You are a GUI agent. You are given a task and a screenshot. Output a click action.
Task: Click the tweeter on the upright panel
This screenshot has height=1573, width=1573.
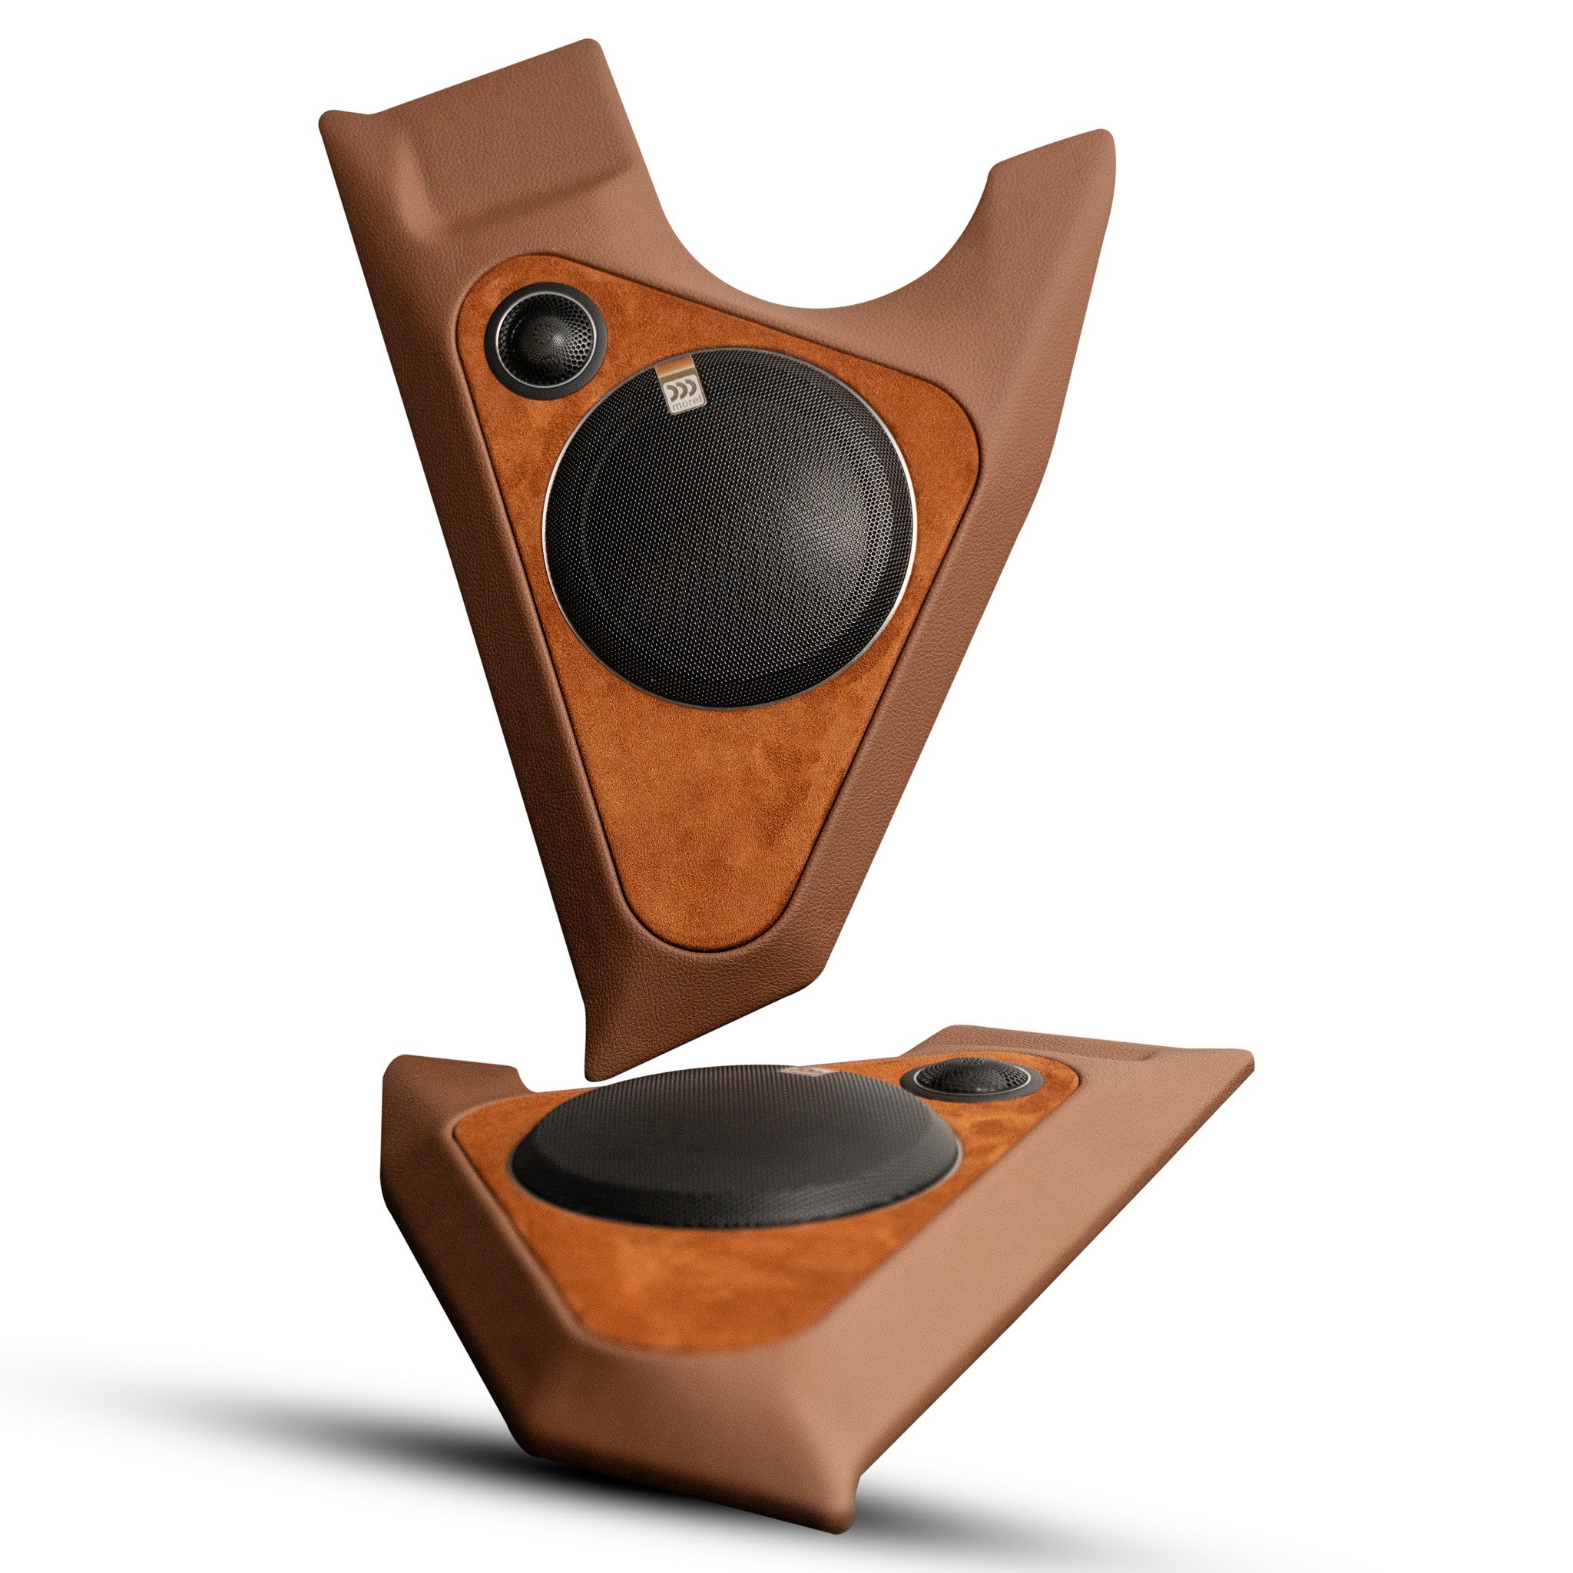pyautogui.click(x=545, y=340)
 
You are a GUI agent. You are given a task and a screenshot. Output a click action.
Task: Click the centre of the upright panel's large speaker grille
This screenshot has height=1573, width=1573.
pyautogui.click(x=730, y=528)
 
